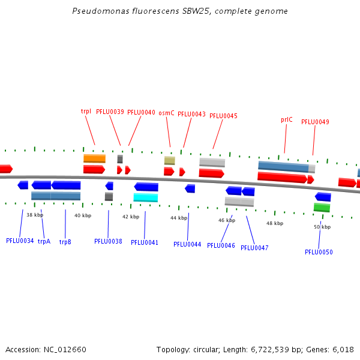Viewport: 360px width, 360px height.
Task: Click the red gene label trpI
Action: click(x=86, y=112)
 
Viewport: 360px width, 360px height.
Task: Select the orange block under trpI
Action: click(x=94, y=158)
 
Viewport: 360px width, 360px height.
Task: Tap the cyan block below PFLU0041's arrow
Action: click(x=146, y=197)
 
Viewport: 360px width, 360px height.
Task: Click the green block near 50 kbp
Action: click(x=322, y=208)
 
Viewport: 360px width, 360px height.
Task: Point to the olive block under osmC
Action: click(x=170, y=160)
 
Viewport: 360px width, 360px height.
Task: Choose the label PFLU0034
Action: click(x=20, y=241)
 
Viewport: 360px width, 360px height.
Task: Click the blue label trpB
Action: click(x=65, y=242)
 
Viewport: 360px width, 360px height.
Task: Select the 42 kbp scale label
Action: click(x=131, y=217)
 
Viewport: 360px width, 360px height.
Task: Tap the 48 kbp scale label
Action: click(x=275, y=223)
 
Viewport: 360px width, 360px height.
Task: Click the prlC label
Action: click(x=287, y=119)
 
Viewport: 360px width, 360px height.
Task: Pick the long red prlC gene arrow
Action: click(x=283, y=178)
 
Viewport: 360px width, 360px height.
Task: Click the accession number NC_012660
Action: click(x=65, y=350)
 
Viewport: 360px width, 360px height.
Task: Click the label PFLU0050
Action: click(x=319, y=252)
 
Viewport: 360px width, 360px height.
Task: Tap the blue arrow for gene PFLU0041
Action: click(x=146, y=187)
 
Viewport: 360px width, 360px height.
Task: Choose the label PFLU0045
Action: click(x=223, y=116)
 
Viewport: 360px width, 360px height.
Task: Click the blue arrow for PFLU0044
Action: click(x=190, y=188)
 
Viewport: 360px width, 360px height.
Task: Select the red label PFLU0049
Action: click(x=315, y=122)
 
